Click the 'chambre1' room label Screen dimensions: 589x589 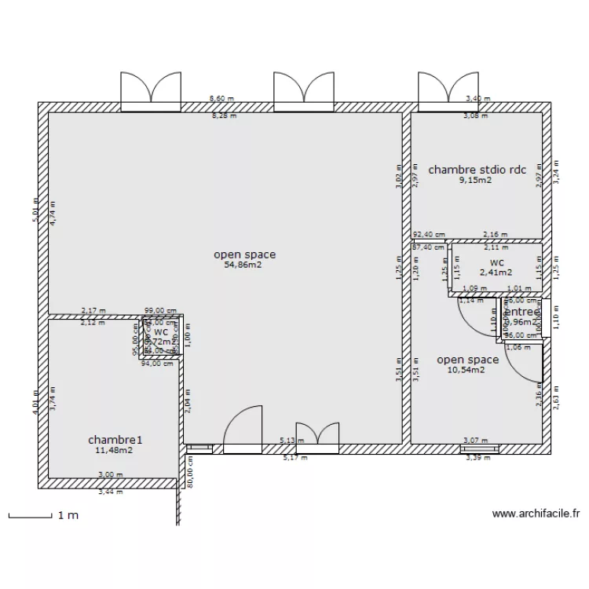(x=111, y=440)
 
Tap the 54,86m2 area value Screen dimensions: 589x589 (x=243, y=265)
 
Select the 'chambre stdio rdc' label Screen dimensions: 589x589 (x=476, y=169)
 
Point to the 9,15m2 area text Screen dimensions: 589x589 (x=475, y=180)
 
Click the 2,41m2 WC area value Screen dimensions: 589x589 (x=496, y=273)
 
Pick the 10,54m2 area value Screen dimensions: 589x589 (x=466, y=371)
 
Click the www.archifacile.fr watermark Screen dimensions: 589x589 (x=536, y=514)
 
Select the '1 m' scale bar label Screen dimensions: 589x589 (x=68, y=516)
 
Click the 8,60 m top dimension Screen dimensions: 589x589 (x=222, y=99)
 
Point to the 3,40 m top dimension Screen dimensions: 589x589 (x=477, y=99)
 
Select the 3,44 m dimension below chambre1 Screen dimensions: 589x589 (x=111, y=492)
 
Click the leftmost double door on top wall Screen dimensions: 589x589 (x=151, y=89)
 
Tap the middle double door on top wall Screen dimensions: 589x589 (x=304, y=89)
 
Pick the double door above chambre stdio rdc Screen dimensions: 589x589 (x=442, y=89)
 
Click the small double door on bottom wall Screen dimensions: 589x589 (x=317, y=436)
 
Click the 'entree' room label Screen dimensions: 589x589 (x=520, y=312)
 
